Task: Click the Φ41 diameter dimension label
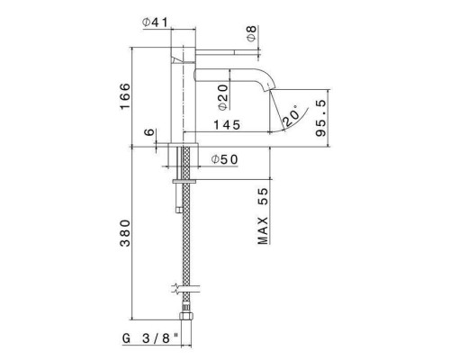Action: [157, 22]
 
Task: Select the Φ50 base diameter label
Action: [223, 159]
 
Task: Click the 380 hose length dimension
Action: [124, 233]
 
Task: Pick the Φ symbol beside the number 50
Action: [216, 159]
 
